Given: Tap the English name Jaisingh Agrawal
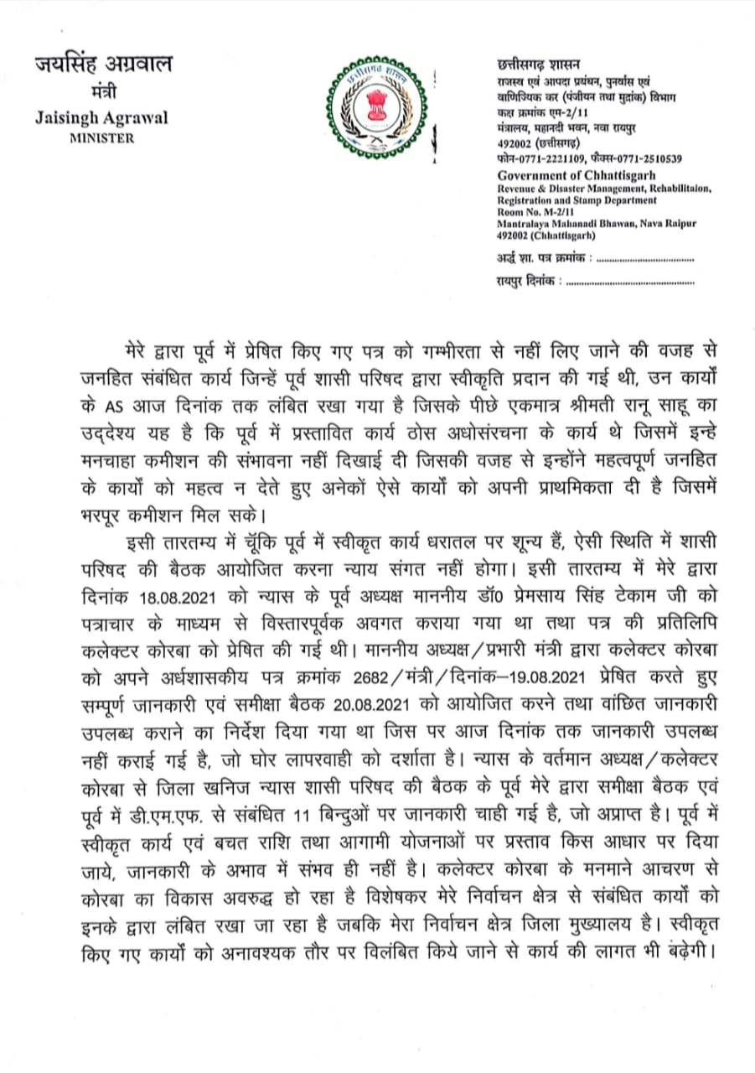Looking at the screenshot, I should [x=101, y=117].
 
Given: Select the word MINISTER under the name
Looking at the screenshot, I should [x=101, y=138].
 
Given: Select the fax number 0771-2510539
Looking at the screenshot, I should [x=649, y=158].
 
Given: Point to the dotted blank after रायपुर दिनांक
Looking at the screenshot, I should [x=630, y=284].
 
